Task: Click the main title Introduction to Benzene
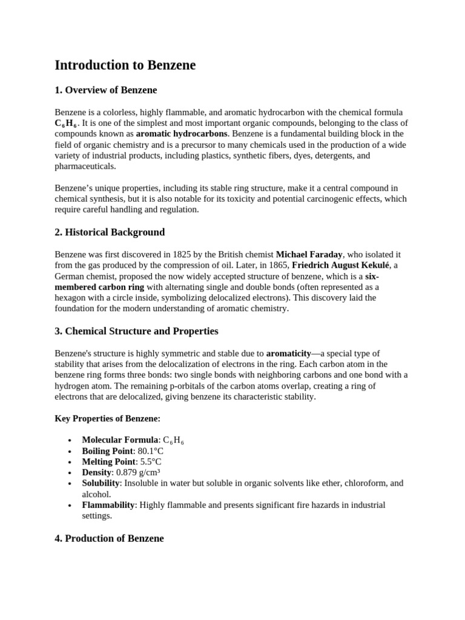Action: point(125,65)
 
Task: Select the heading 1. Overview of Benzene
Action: point(106,90)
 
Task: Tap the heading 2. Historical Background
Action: point(110,232)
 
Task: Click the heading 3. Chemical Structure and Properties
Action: point(136,331)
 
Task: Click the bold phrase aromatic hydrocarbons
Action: point(182,134)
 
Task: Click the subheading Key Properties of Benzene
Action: point(107,418)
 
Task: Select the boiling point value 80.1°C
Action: point(150,451)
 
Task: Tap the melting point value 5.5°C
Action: point(150,462)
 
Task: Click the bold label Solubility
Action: point(101,483)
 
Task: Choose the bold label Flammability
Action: point(108,505)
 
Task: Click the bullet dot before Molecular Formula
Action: point(71,441)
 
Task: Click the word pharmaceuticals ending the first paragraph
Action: point(85,167)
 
